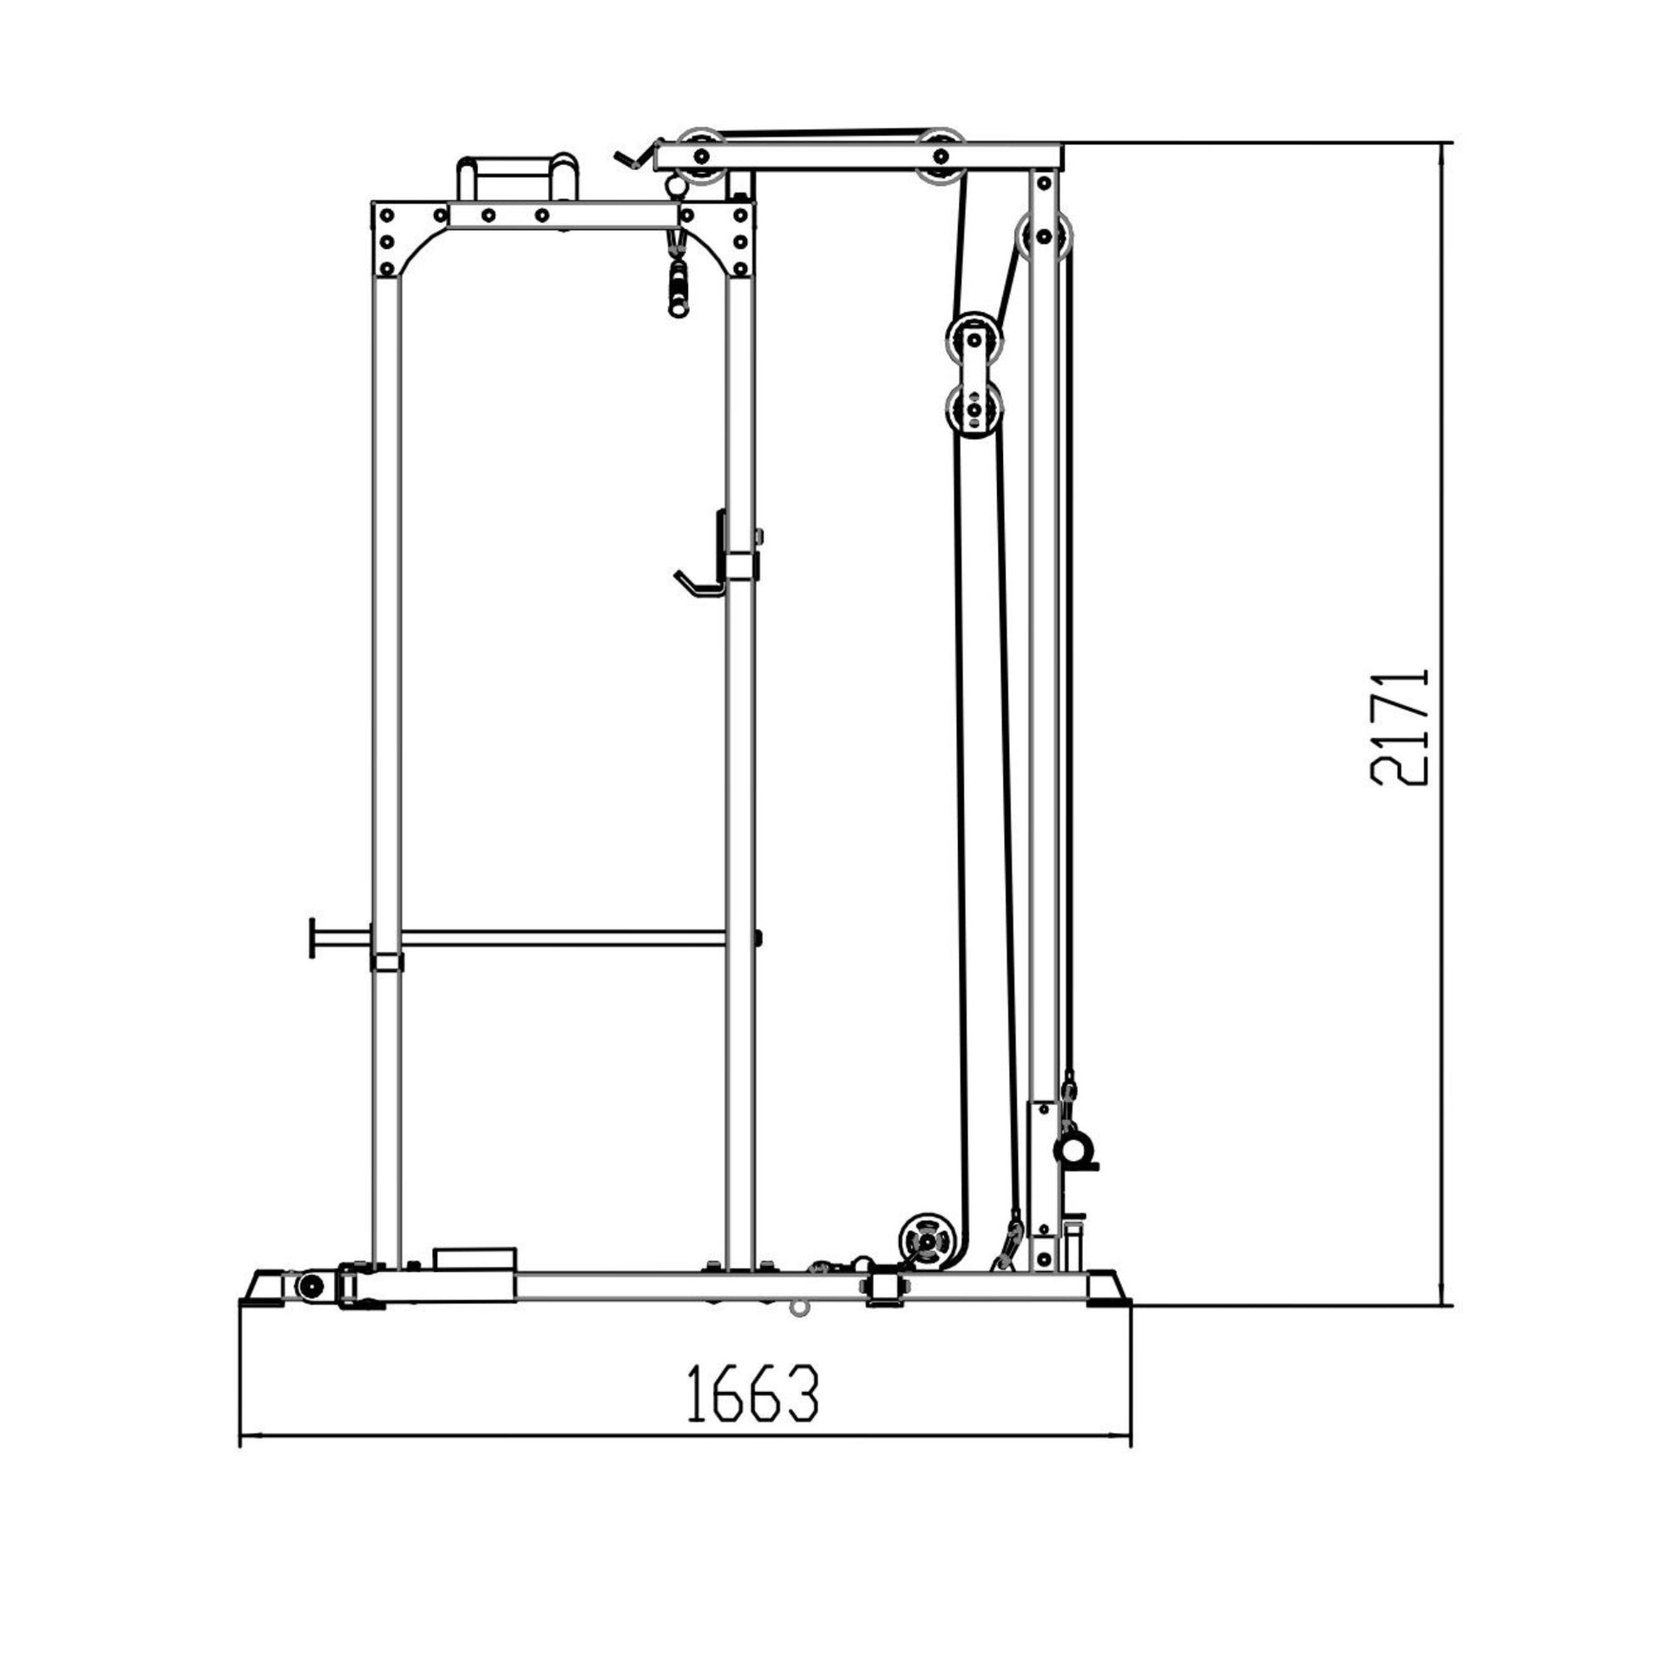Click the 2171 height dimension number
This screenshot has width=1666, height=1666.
point(1399,726)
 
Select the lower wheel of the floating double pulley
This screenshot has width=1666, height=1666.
point(974,408)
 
